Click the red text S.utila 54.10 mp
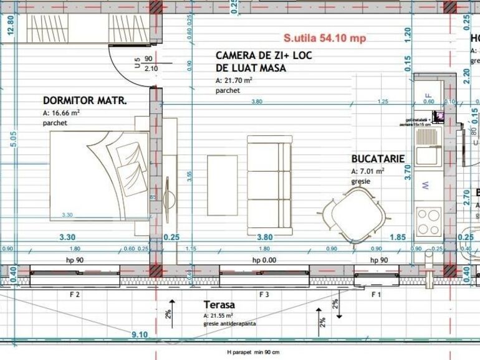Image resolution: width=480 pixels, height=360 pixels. click(x=324, y=38)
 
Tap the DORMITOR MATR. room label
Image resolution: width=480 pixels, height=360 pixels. click(x=85, y=100)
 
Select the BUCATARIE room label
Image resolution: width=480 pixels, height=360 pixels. click(x=378, y=159)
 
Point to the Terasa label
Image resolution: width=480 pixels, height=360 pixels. click(x=219, y=305)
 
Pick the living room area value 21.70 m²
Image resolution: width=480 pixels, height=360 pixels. click(x=234, y=80)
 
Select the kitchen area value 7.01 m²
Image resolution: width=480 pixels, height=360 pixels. click(x=367, y=171)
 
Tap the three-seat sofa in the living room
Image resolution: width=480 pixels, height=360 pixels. click(x=269, y=185)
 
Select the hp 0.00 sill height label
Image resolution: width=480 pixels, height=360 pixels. click(x=264, y=260)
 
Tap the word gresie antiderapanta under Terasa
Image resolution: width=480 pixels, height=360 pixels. click(x=229, y=324)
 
